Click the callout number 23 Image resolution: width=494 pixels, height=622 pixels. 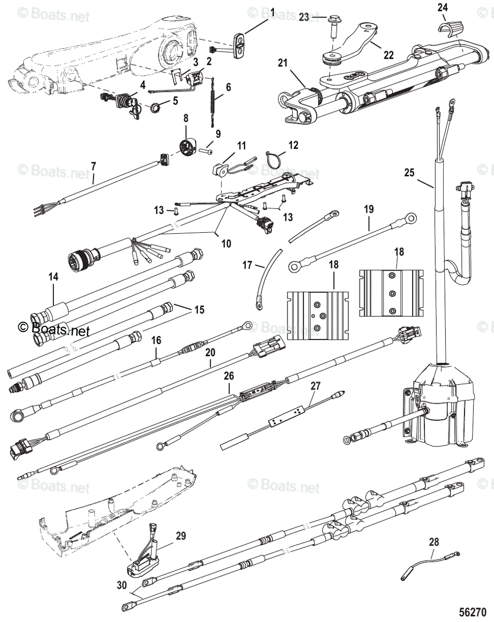click(304, 17)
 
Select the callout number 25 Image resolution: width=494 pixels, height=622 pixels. click(409, 173)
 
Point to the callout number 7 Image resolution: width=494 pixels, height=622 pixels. click(93, 166)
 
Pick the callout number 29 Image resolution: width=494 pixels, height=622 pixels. click(181, 536)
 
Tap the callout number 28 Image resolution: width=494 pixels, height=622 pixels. click(434, 542)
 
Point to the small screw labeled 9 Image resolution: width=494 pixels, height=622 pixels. click(205, 152)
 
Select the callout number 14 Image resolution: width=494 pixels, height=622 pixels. click(54, 277)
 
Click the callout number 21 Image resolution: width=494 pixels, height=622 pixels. click(282, 63)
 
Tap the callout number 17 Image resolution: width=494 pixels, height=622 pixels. click(248, 265)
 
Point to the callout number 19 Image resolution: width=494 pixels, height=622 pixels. click(369, 209)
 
